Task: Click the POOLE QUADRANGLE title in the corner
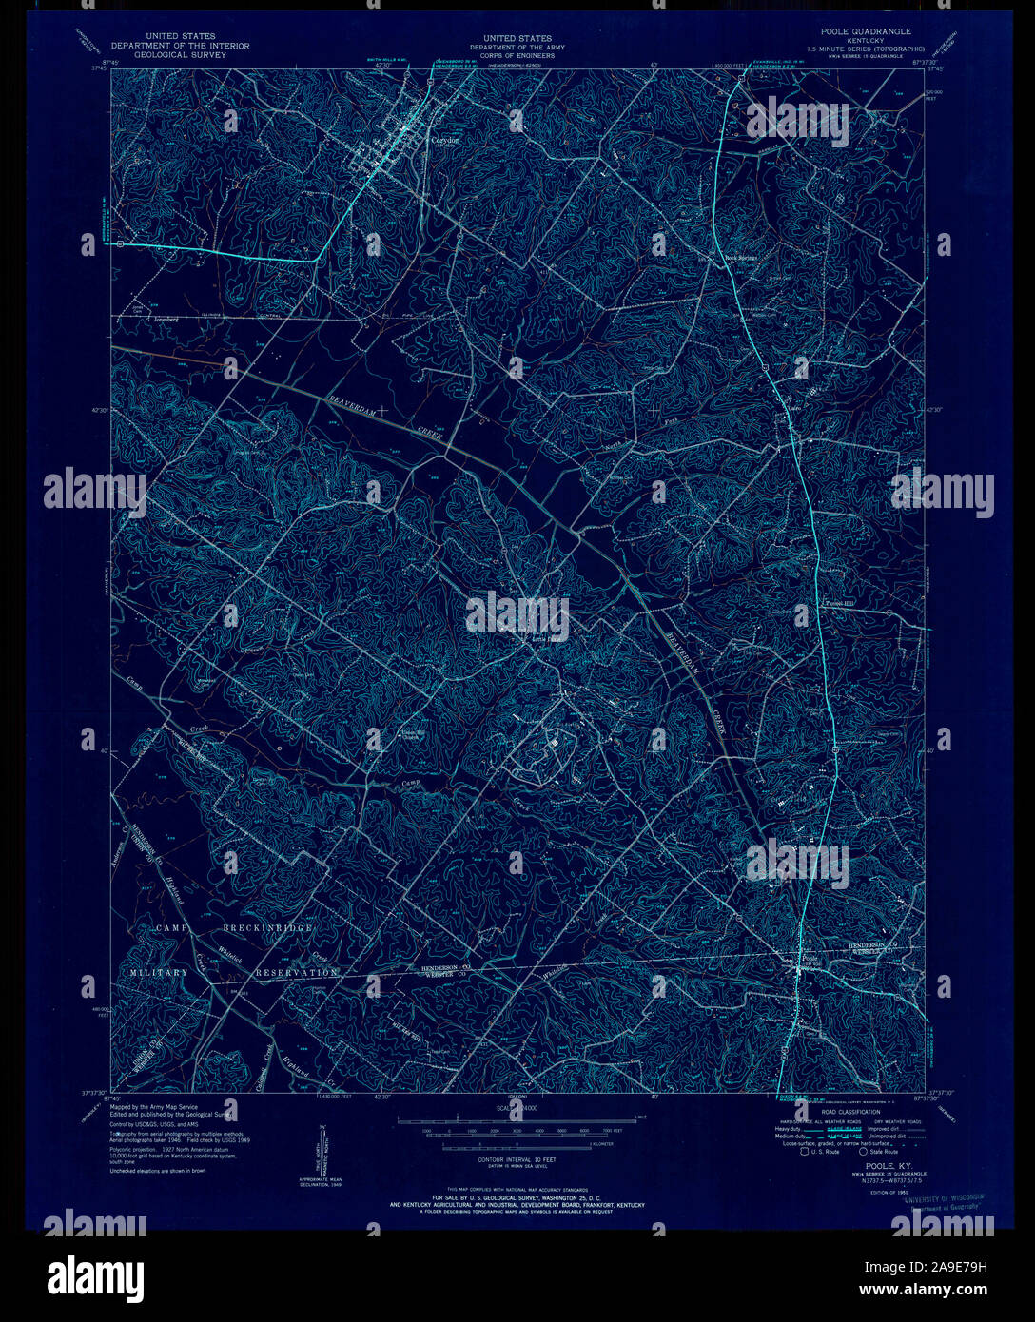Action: (x=859, y=31)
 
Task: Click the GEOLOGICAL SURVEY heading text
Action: (x=180, y=54)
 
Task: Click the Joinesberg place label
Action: (x=166, y=320)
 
